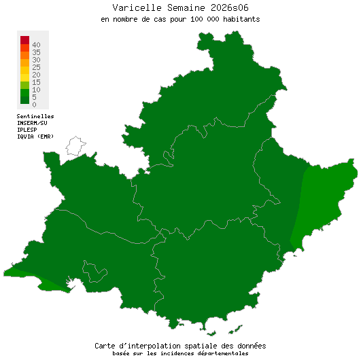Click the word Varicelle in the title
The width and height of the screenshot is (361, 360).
[x=135, y=7]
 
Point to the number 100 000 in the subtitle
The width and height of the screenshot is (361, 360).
[x=205, y=19]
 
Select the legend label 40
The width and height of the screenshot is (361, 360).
[x=35, y=45]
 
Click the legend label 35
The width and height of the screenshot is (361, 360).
[x=35, y=52]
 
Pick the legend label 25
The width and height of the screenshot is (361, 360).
[x=35, y=67]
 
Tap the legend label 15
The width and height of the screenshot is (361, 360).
[x=35, y=82]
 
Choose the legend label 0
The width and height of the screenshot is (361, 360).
[x=33, y=105]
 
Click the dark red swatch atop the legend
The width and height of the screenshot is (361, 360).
[x=24, y=39]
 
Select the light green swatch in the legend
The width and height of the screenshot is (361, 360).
[x=24, y=84]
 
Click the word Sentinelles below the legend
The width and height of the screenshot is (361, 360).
[x=35, y=116]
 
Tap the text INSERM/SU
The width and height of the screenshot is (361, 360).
[x=33, y=123]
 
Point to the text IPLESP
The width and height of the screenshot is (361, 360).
[x=28, y=129]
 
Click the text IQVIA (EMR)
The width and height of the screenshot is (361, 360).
[x=35, y=136]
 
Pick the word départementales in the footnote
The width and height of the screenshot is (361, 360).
[x=221, y=353]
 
